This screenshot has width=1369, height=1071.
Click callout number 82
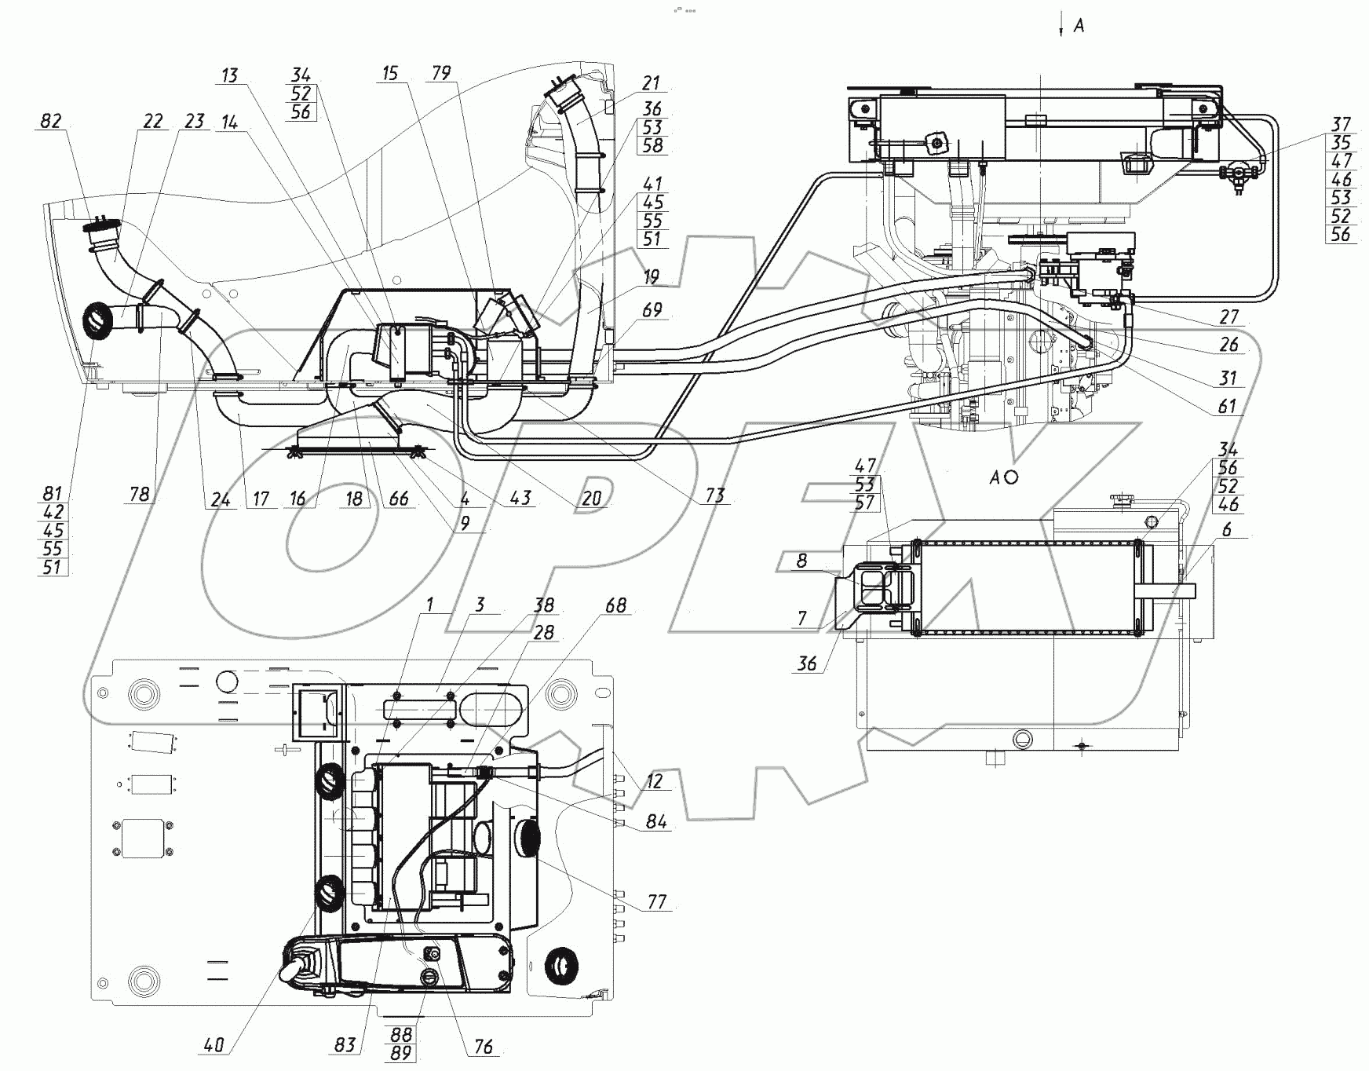click(51, 121)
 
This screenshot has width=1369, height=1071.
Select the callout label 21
click(651, 83)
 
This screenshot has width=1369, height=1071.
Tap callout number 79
click(441, 73)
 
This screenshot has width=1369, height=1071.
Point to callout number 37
click(1341, 124)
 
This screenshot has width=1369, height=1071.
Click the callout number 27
click(1228, 316)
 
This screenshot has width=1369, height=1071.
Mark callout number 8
click(801, 561)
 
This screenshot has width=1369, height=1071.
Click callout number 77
click(656, 901)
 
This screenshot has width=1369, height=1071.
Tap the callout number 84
click(656, 821)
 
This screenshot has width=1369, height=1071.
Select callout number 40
click(214, 1044)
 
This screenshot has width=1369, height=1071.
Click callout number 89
click(401, 1053)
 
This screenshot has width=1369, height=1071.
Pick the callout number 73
click(714, 495)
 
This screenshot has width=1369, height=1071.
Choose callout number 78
click(140, 494)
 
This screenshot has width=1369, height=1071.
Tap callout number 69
click(652, 310)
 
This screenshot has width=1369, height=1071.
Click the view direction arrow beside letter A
click(1061, 24)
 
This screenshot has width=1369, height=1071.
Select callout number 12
click(654, 781)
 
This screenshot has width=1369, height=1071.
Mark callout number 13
click(229, 75)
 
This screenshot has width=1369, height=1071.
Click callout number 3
click(480, 604)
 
